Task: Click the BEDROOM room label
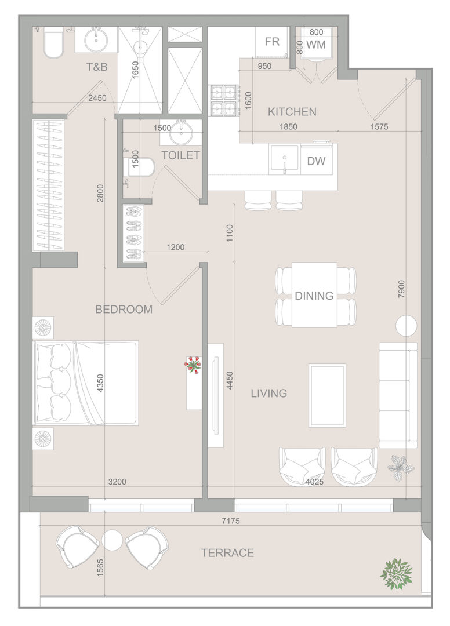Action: click(x=124, y=309)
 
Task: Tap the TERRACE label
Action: click(x=227, y=553)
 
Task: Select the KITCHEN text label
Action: click(x=292, y=112)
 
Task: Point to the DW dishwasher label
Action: click(x=316, y=161)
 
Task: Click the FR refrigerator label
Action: click(x=272, y=42)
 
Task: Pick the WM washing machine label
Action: click(x=316, y=44)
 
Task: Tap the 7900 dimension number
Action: click(x=402, y=288)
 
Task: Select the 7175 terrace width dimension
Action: click(x=231, y=521)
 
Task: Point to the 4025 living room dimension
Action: click(x=314, y=482)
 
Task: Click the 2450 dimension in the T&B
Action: click(x=97, y=98)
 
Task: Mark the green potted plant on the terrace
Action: click(x=395, y=574)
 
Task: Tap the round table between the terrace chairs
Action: click(x=112, y=540)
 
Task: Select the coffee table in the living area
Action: click(x=327, y=395)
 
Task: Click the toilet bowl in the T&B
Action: click(x=53, y=42)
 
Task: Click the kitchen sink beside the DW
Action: click(x=284, y=160)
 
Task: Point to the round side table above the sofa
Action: click(x=406, y=326)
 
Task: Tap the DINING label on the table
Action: click(x=314, y=296)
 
